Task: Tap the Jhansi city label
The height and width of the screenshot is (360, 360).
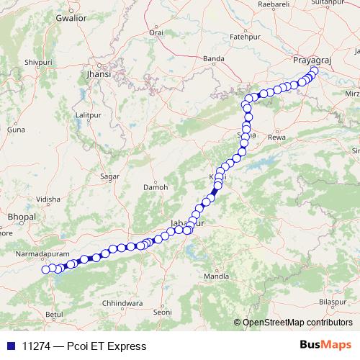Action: pos(98,74)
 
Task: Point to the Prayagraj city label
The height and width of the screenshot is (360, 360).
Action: pos(311,61)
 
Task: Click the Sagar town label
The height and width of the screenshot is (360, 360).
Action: pos(110,176)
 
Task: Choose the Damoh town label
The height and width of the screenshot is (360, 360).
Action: pos(156,186)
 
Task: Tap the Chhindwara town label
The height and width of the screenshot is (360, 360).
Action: pos(125,304)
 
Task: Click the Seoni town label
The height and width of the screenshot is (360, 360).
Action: pos(163,312)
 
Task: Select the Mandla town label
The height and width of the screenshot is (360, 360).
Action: pos(216,276)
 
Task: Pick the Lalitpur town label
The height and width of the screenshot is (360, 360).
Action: pos(87,115)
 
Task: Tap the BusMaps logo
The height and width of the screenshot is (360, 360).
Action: pos(326,346)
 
